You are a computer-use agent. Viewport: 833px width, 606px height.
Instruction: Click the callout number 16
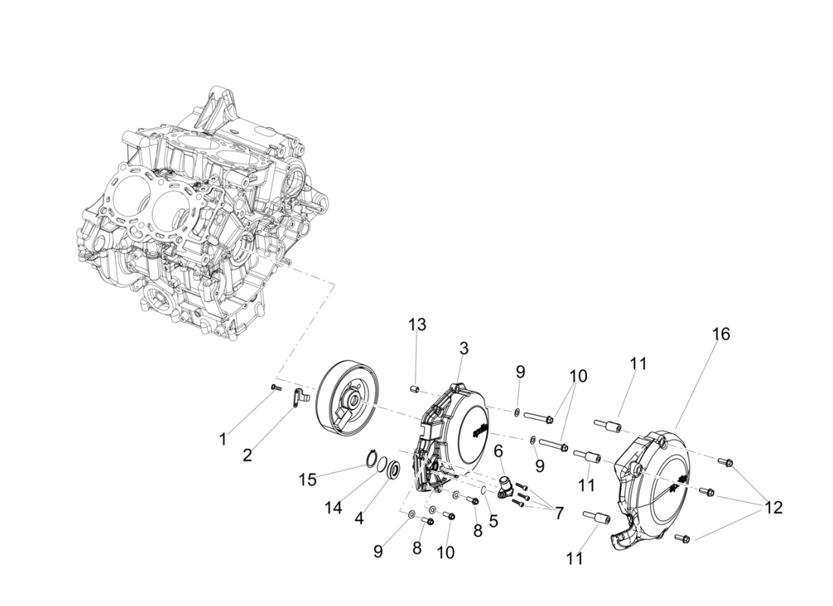click(x=720, y=334)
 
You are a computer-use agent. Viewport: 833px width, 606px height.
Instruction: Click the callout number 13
click(x=417, y=325)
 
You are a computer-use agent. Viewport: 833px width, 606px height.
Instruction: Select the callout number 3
click(x=463, y=348)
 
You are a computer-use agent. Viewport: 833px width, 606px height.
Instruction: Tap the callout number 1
click(x=223, y=439)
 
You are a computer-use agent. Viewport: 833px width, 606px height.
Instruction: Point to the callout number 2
click(x=247, y=454)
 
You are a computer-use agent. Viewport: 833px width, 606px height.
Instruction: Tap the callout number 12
click(x=772, y=507)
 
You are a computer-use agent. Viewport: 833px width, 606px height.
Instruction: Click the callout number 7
click(x=558, y=513)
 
